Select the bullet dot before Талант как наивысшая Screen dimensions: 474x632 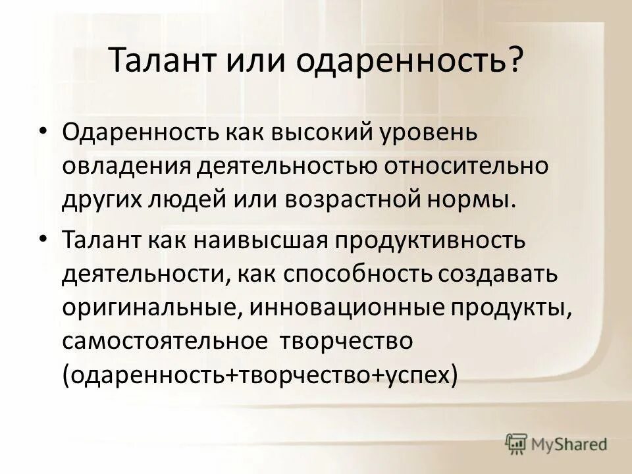(x=43, y=239)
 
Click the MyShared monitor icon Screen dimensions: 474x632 (x=517, y=444)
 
